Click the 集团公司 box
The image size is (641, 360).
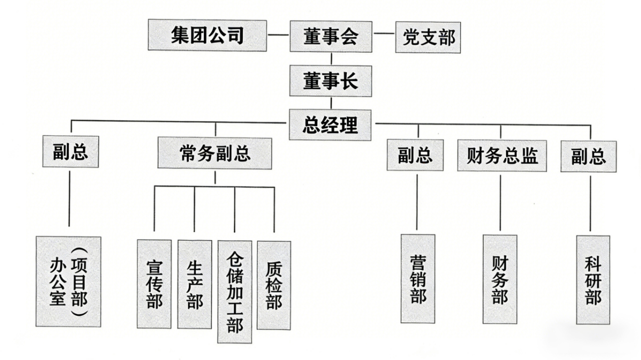[207, 36]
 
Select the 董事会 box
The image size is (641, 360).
[331, 37]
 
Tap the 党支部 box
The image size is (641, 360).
[428, 37]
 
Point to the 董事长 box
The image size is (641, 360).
[331, 81]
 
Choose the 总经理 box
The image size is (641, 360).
[331, 125]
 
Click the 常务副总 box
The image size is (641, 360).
[215, 154]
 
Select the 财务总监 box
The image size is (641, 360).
[502, 156]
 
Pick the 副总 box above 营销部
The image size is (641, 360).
[415, 155]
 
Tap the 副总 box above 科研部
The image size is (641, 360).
[588, 157]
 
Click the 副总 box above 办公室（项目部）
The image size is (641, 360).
[71, 152]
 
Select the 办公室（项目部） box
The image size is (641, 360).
[69, 281]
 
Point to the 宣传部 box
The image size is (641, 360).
[154, 284]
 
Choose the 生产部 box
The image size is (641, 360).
[194, 284]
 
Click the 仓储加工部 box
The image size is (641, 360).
[234, 291]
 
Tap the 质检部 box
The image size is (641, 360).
[274, 285]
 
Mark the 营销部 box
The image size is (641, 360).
[418, 279]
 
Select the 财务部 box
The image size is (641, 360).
[500, 279]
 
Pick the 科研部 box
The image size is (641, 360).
[593, 280]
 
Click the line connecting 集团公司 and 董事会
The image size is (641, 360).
[278, 36]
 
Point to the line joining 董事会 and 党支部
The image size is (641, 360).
[384, 34]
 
